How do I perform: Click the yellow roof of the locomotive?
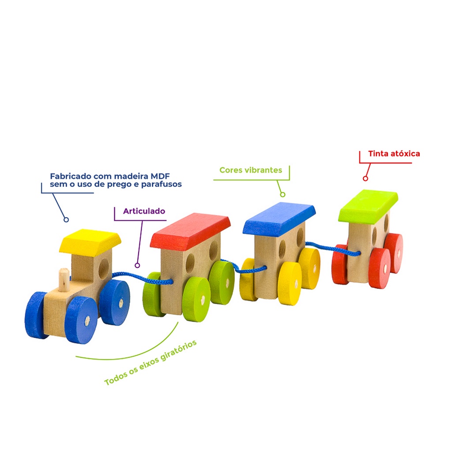click(90, 241)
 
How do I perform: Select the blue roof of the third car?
click(279, 218)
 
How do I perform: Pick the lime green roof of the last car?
click(368, 205)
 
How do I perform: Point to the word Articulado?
click(144, 211)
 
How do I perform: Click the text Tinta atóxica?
click(394, 154)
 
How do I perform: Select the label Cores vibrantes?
click(250, 170)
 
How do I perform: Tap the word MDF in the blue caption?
click(159, 176)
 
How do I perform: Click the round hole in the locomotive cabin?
click(103, 268)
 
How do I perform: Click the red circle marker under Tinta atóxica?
click(365, 178)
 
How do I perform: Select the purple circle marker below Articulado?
click(137, 265)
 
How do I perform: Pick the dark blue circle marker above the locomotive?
click(66, 219)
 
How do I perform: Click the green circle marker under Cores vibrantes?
click(282, 194)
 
